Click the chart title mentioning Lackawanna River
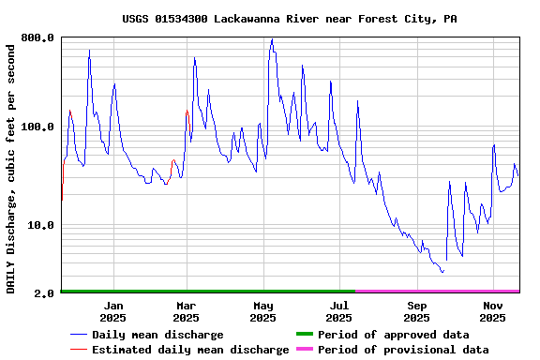point(290,19)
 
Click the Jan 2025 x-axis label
point(112,311)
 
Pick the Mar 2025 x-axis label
point(186,311)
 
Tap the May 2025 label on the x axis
point(263,311)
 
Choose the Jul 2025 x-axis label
point(340,311)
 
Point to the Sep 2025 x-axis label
point(417,311)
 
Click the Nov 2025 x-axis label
point(493,311)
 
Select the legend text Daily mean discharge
point(157,335)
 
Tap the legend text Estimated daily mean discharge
point(190,350)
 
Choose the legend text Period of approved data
point(393,335)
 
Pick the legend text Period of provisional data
point(403,350)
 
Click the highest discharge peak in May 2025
point(272,39)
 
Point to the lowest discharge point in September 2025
point(442,272)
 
